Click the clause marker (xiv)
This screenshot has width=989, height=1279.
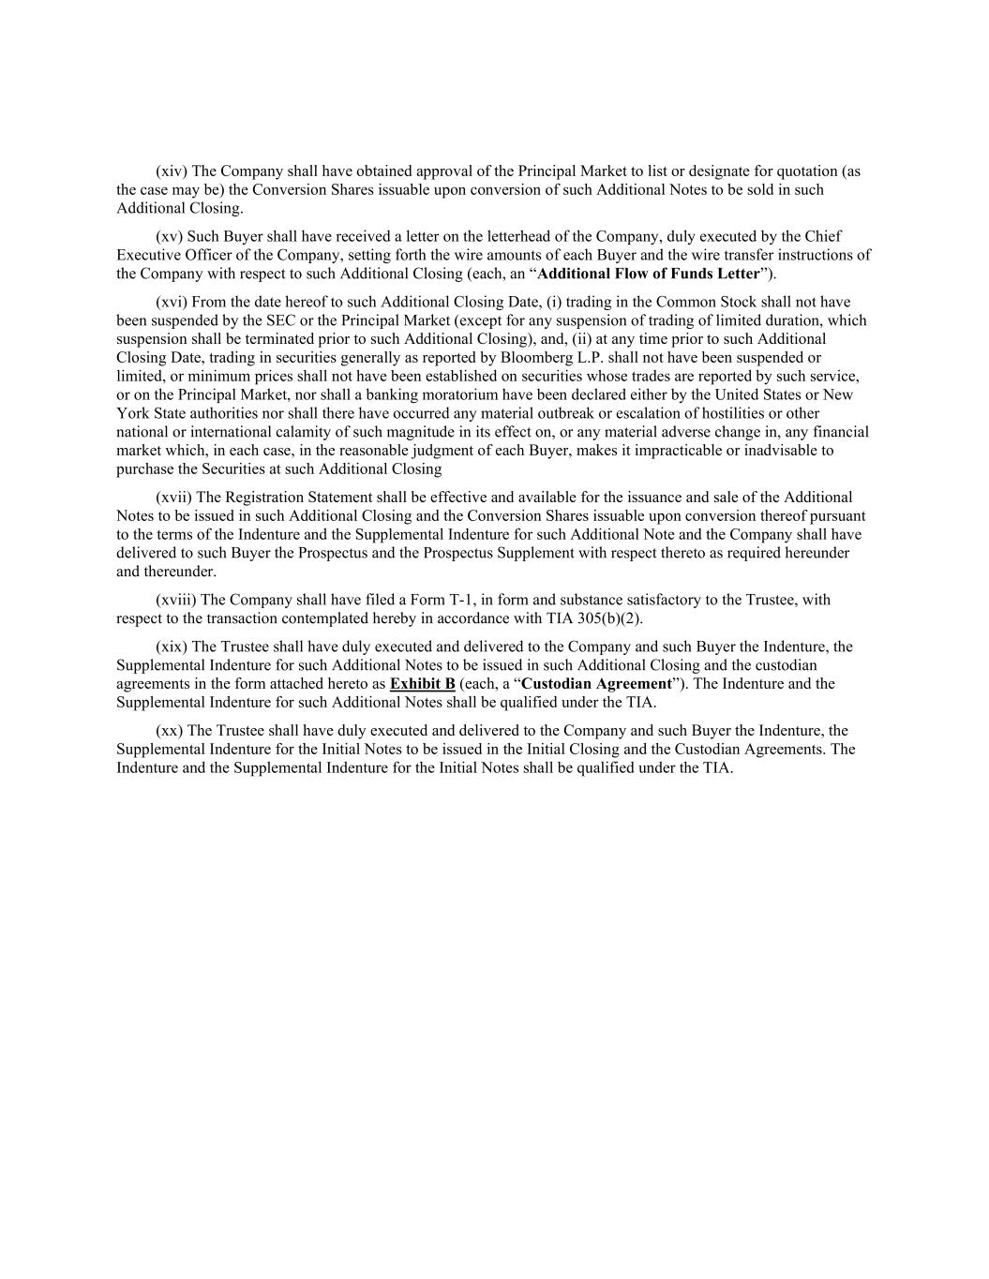tap(172, 171)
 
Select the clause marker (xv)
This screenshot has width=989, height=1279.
tap(171, 237)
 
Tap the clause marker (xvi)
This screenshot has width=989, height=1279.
tap(172, 303)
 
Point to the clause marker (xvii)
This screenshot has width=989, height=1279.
tap(173, 498)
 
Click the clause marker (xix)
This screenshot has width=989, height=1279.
tap(172, 647)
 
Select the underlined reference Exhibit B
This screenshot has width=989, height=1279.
tap(422, 684)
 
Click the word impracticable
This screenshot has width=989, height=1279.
tap(718, 452)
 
